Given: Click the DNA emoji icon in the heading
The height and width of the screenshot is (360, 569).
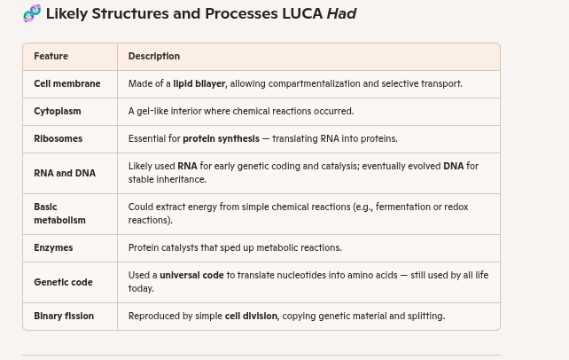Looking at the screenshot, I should pos(32,13).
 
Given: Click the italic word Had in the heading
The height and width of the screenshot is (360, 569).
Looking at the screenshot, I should pos(341,13).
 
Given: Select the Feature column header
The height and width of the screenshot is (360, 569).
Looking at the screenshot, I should pos(51,56).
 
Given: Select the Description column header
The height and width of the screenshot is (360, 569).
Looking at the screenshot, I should pos(153,56).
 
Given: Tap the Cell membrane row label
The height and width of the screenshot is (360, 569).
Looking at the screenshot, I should pos(66,83).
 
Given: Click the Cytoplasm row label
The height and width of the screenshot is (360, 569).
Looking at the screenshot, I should pos(57,111).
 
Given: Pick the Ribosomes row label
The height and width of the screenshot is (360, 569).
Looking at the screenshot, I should pos(58,138).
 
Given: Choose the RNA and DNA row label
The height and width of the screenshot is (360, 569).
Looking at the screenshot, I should pos(64,173).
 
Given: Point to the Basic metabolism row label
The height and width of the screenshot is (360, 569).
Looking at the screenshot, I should pos(59,214).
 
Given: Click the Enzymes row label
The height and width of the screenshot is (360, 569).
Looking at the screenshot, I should pos(53,247).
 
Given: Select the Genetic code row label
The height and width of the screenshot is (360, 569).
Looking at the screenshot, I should pos(63,282).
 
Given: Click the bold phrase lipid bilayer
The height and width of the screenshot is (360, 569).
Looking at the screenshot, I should pos(199,83).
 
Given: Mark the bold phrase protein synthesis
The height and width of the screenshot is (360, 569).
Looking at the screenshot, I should pos(221,138).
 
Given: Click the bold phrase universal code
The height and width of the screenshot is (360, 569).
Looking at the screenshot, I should pos(191,275).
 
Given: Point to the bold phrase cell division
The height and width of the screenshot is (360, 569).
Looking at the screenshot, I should pos(251,316).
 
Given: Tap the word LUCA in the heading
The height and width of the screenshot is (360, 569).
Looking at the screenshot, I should pos(302,13).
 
